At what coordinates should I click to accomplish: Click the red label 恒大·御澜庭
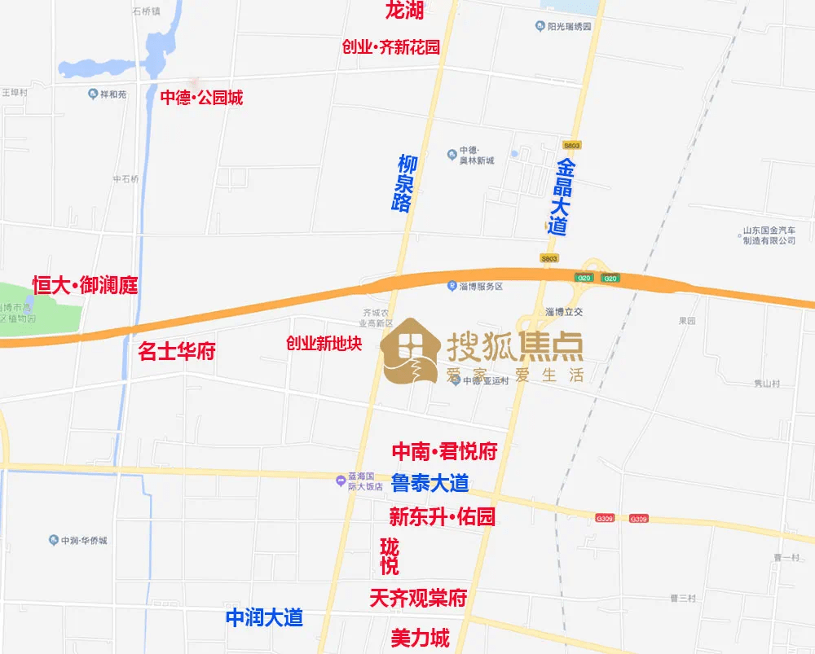85,285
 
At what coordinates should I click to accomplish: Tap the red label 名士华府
176,352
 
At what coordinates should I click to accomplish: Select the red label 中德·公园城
200,99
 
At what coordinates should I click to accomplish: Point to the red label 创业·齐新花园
390,47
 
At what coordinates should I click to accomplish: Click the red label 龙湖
404,11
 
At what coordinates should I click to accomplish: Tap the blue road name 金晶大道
561,197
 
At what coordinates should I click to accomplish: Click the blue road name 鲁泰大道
430,483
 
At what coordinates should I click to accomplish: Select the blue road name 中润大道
264,617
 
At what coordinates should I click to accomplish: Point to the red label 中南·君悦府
444,451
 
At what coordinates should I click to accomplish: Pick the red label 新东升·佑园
442,516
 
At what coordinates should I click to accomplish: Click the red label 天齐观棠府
418,599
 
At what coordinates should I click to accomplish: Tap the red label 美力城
420,638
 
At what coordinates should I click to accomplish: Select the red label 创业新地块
323,344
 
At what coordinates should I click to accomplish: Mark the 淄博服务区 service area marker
452,287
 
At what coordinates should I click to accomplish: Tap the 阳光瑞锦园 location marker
540,27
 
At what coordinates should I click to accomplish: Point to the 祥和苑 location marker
92,94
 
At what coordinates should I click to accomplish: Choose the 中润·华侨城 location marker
53,541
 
